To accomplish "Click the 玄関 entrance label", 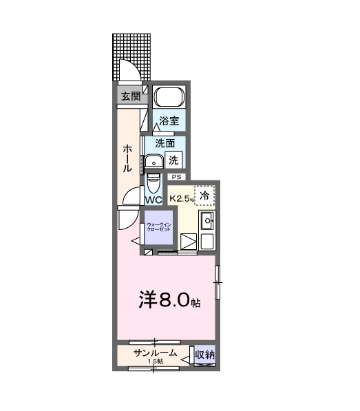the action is tap(131, 96).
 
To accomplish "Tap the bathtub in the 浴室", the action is tap(169, 96).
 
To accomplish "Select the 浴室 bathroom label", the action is tap(169, 120).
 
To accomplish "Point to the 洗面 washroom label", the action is tap(165, 143).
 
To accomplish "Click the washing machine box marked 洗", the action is tap(173, 160).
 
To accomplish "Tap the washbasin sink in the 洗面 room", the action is tap(154, 162).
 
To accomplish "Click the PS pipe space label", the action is tap(176, 177).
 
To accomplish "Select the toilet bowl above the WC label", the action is tap(153, 184).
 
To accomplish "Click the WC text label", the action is tap(153, 200).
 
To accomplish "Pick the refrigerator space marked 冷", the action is tap(204, 196).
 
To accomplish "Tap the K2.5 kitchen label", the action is tap(181, 198).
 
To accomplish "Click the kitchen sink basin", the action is tap(207, 221).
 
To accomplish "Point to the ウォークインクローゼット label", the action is tap(159, 227).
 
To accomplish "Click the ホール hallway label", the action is tap(127, 158).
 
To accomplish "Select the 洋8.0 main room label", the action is tap(169, 300).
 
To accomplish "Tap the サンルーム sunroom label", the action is tap(155, 353).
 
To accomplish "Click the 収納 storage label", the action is tap(204, 355).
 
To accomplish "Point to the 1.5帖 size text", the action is tap(156, 361).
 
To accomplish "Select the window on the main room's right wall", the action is tap(218, 282).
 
